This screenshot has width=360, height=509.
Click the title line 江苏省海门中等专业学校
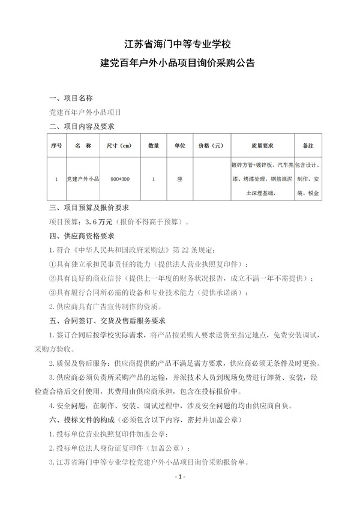point(180,44)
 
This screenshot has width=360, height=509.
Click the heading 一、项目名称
point(70,97)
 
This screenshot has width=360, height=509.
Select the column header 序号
point(56,145)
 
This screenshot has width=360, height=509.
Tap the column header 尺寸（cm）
point(119,145)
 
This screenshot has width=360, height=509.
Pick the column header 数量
point(154,145)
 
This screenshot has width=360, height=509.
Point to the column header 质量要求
point(262,145)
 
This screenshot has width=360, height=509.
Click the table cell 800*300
point(119,179)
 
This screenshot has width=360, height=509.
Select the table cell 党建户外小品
point(82,179)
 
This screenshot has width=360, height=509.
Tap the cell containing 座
point(179,179)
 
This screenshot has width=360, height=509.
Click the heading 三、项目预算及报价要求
point(89,208)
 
